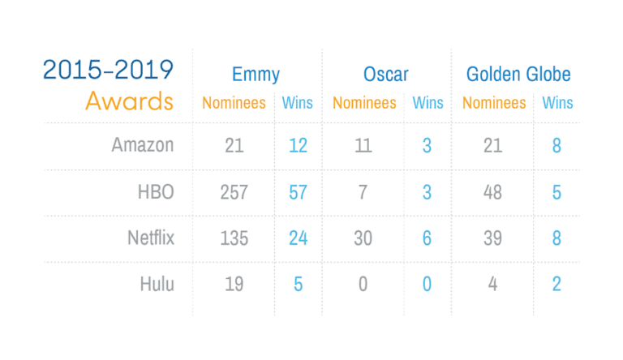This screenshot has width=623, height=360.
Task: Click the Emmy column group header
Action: [x=256, y=75]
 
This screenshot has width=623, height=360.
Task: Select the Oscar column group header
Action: [x=386, y=75]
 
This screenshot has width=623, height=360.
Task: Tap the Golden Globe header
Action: [x=518, y=75]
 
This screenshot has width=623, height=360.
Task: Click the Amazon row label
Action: [x=143, y=145]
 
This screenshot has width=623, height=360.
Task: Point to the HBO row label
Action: [x=156, y=192]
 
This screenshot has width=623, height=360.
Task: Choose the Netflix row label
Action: [x=150, y=238]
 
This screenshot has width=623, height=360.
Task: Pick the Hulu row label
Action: [x=156, y=285]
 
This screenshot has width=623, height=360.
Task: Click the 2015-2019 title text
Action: [x=108, y=70]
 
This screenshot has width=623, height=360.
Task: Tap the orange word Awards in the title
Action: [x=129, y=101]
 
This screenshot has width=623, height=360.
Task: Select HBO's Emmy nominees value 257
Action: [x=234, y=192]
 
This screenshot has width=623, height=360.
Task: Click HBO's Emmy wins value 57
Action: [x=298, y=192]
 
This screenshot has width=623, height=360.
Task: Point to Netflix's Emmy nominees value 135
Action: [x=234, y=238]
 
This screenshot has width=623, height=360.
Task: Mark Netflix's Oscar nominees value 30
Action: [x=363, y=238]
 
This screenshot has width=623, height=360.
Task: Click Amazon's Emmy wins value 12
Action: [x=298, y=146]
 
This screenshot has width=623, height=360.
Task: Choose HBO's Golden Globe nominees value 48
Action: [x=492, y=192]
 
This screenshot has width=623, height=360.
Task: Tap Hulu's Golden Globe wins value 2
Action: [x=556, y=285]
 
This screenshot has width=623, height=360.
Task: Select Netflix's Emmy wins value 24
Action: [x=298, y=238]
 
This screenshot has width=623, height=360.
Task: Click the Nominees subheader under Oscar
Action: [x=364, y=103]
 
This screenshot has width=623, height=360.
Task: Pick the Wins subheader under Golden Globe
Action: [x=557, y=103]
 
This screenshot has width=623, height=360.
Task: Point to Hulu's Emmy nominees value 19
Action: [x=234, y=285]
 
